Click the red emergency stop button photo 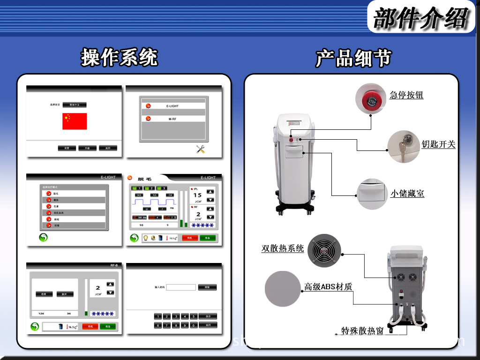(372, 99)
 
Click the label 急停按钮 (406, 95)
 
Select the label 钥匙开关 (438, 144)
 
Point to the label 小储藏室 (407, 193)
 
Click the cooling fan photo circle (324, 251)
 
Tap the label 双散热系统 (283, 248)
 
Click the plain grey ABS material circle (282, 288)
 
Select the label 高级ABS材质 (328, 287)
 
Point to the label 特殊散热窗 (362, 331)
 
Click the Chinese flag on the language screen (75, 121)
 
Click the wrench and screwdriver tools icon (201, 149)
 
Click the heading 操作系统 (120, 57)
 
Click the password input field (180, 287)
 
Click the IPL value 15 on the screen (197, 195)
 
